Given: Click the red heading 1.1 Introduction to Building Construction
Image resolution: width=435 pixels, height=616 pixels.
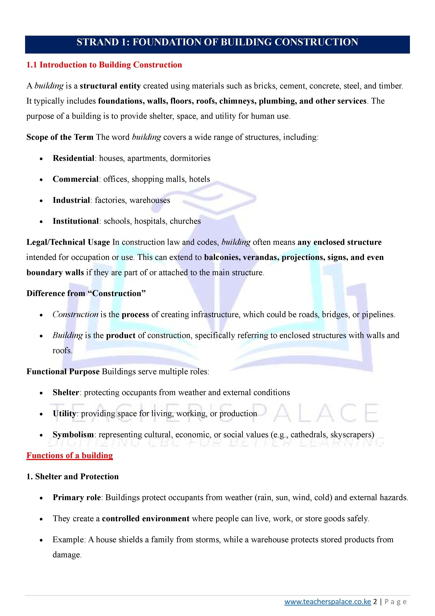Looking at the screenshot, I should (x=104, y=65).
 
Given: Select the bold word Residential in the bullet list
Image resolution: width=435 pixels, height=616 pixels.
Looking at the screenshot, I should (x=73, y=158).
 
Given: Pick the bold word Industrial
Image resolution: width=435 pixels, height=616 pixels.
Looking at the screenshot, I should (x=71, y=200).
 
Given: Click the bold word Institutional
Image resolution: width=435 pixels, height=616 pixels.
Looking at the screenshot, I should (x=76, y=221).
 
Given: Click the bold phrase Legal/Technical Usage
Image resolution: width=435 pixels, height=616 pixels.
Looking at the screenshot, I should (x=68, y=242).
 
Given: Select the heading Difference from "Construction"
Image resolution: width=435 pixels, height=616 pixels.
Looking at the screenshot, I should (x=86, y=293).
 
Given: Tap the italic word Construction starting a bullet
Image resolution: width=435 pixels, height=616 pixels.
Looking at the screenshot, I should (x=75, y=314).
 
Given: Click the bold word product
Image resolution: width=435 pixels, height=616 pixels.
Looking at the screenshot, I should (x=121, y=335).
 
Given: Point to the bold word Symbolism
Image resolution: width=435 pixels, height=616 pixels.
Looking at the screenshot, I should (x=73, y=434).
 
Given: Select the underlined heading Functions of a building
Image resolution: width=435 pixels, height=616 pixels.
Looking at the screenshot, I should (x=69, y=456).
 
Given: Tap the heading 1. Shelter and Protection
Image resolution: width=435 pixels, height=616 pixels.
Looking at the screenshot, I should (x=72, y=477).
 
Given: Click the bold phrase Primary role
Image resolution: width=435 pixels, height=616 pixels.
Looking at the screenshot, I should (x=76, y=497).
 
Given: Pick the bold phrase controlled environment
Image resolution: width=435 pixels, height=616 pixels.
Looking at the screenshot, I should (x=146, y=518).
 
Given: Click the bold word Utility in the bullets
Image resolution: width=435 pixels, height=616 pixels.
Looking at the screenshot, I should (x=64, y=413).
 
